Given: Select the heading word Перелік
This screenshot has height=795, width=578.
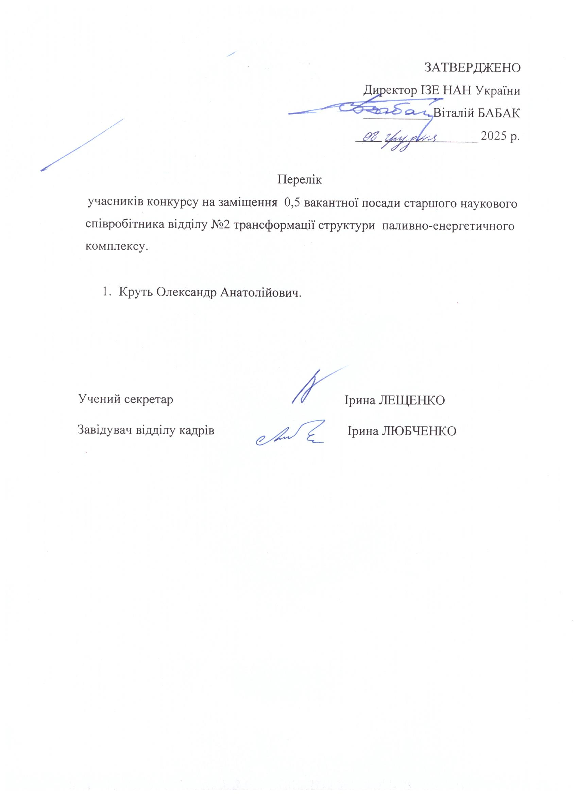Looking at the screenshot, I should [299, 179].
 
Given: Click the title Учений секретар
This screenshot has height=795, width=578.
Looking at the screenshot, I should [125, 399].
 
